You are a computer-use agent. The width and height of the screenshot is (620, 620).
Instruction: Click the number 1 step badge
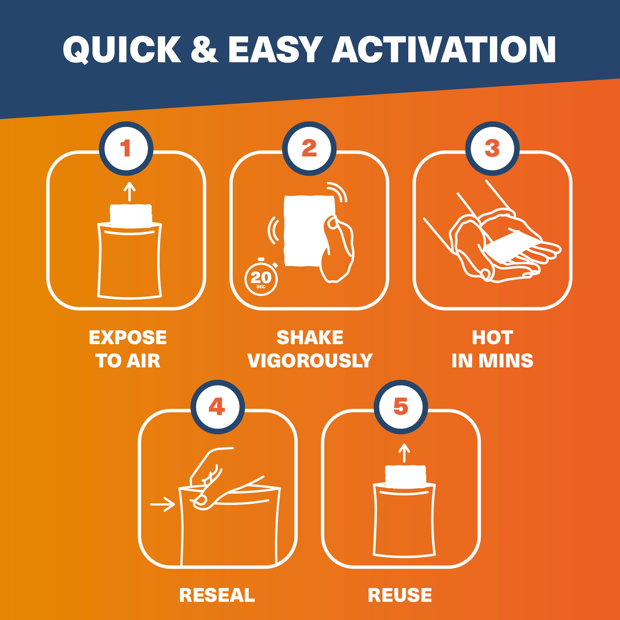click(126, 148)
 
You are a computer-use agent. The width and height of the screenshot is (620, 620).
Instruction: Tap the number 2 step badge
click(309, 148)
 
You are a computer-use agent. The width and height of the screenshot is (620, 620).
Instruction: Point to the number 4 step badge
click(217, 407)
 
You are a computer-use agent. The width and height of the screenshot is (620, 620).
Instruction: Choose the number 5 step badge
click(401, 407)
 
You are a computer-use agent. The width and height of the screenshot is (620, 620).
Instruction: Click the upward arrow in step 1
click(129, 191)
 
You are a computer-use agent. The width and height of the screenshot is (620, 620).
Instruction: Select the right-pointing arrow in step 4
click(163, 504)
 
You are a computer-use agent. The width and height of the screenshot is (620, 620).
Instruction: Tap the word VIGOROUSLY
click(310, 361)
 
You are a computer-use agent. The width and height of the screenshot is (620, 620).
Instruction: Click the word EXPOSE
click(128, 337)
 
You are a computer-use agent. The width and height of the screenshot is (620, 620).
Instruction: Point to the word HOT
click(492, 337)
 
